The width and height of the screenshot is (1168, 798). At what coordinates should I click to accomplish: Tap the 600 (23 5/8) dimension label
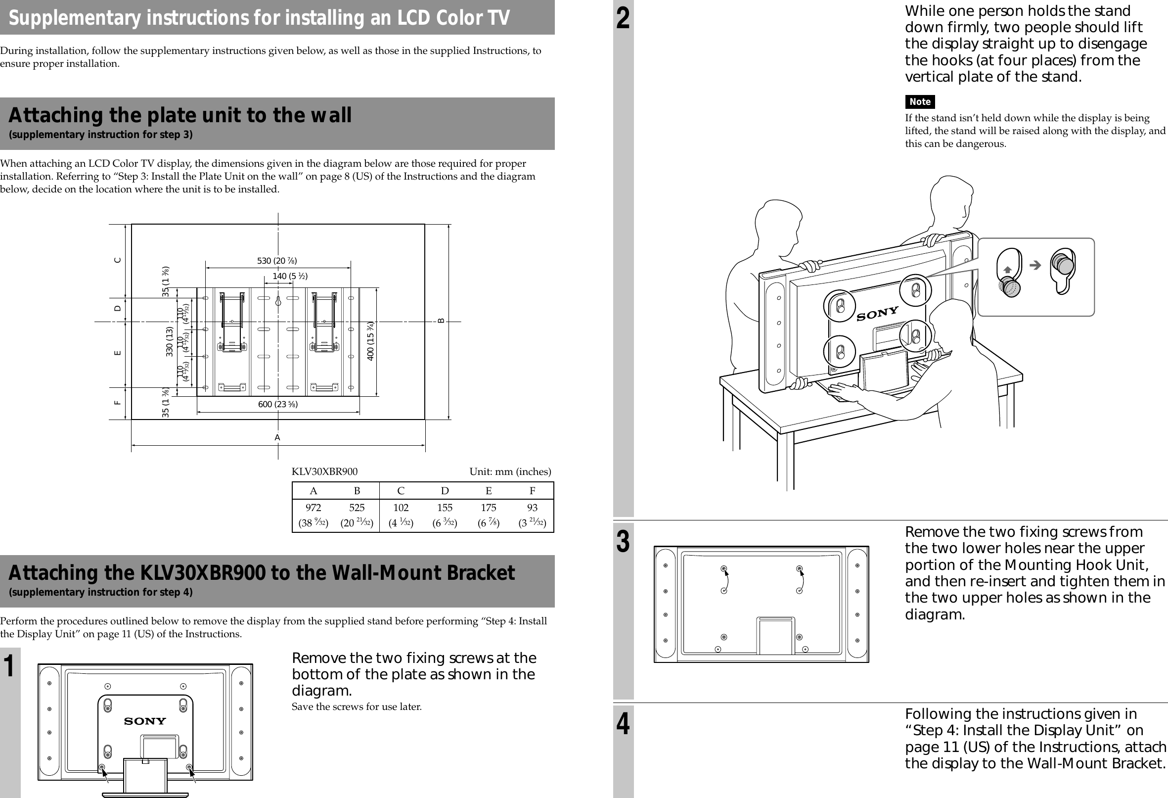tap(278, 404)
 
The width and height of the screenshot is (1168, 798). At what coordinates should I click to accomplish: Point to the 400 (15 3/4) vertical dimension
tap(371, 340)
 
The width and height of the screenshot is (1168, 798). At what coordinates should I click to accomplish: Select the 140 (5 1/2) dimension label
tap(290, 276)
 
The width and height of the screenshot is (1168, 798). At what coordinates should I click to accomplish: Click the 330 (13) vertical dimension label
tap(170, 341)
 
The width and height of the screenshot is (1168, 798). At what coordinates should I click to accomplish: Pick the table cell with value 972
tap(313, 508)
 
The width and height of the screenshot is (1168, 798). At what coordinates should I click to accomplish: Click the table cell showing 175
tap(488, 508)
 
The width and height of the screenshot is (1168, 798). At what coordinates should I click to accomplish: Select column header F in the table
tap(532, 491)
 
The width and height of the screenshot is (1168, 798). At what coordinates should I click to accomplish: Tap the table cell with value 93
tap(532, 508)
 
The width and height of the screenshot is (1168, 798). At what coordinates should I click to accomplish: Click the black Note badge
tap(920, 101)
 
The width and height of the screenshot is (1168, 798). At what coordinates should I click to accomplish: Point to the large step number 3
tap(623, 542)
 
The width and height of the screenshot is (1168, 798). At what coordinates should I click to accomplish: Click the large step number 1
tap(9, 666)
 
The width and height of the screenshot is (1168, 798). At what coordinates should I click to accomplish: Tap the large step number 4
tap(623, 725)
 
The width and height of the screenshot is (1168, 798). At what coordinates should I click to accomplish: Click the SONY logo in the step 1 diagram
tap(145, 721)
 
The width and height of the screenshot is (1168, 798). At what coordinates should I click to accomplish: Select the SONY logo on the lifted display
tap(878, 314)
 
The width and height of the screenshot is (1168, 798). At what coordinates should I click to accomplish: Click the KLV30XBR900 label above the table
tap(325, 471)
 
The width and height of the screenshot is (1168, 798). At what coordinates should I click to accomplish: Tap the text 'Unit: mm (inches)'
tap(510, 471)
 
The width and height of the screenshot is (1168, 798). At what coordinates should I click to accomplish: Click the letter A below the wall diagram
tap(277, 437)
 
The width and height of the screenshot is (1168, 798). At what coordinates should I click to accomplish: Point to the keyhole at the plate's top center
tap(278, 301)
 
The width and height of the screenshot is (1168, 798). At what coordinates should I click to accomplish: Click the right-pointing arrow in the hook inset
tap(1035, 265)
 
